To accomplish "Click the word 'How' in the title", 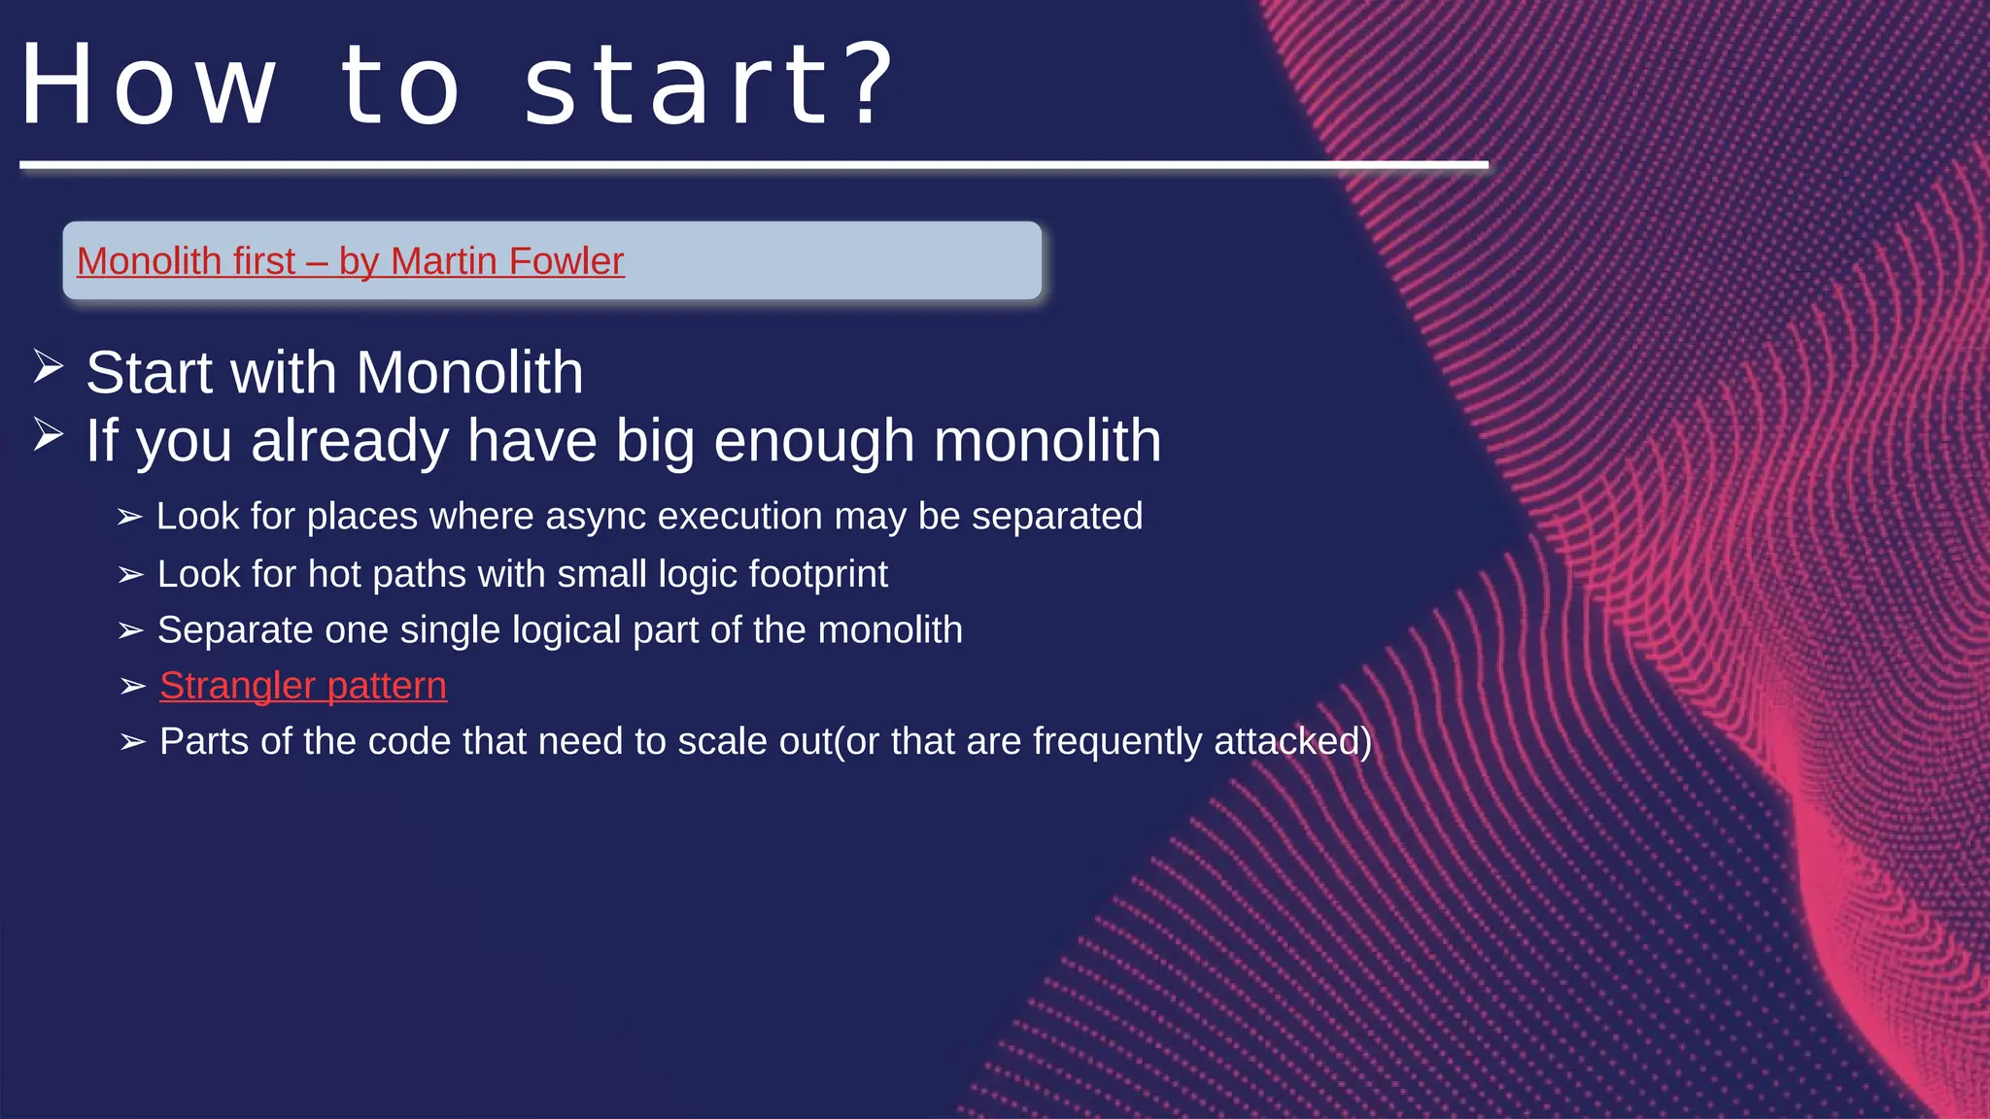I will pyautogui.click(x=149, y=85).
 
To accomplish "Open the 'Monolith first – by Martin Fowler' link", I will pyautogui.click(x=350, y=261).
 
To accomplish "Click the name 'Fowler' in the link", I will pyautogui.click(x=566, y=261).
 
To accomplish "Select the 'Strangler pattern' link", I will pyautogui.click(x=303, y=686).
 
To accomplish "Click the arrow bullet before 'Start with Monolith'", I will pyautogui.click(x=49, y=367).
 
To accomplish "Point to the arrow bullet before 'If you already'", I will pyautogui.click(x=49, y=434).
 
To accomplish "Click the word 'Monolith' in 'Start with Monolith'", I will pyautogui.click(x=469, y=373).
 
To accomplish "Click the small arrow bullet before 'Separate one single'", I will pyautogui.click(x=131, y=631).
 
